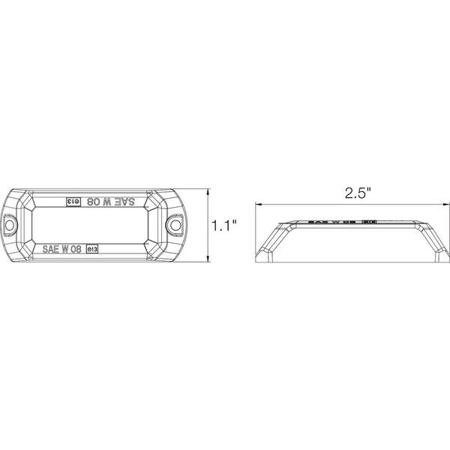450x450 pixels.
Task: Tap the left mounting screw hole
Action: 12,224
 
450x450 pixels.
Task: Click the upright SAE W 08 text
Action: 64,247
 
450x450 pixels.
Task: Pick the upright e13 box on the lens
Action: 93,247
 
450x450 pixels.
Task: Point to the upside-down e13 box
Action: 75,202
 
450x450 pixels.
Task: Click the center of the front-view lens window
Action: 93,224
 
